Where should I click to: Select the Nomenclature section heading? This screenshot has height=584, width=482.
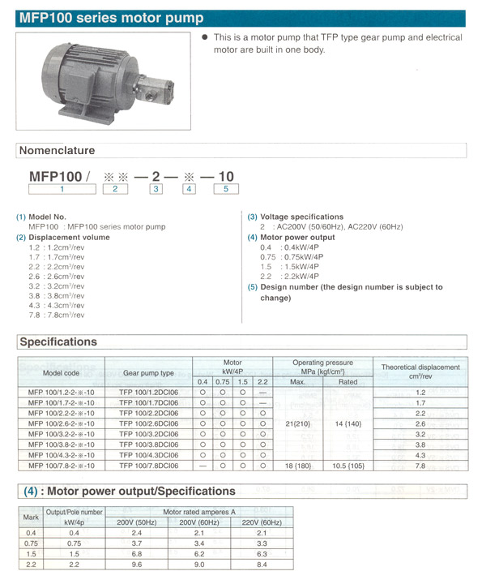pyautogui.click(x=57, y=150)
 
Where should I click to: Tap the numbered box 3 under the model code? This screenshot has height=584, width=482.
pyautogui.click(x=156, y=189)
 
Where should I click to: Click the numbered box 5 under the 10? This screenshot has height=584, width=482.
pyautogui.click(x=225, y=189)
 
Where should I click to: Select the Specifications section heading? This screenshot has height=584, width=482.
pyautogui.click(x=58, y=341)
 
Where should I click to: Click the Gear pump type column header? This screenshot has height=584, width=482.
pyautogui.click(x=148, y=372)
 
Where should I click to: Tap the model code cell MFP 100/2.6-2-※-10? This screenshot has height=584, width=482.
pyautogui.click(x=61, y=423)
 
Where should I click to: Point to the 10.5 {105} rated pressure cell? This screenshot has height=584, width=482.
pyautogui.click(x=348, y=466)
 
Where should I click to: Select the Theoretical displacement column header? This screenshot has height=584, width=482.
pyautogui.click(x=420, y=371)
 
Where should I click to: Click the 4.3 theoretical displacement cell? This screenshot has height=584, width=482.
pyautogui.click(x=420, y=455)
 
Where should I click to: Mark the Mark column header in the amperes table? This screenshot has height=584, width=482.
pyautogui.click(x=31, y=517)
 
